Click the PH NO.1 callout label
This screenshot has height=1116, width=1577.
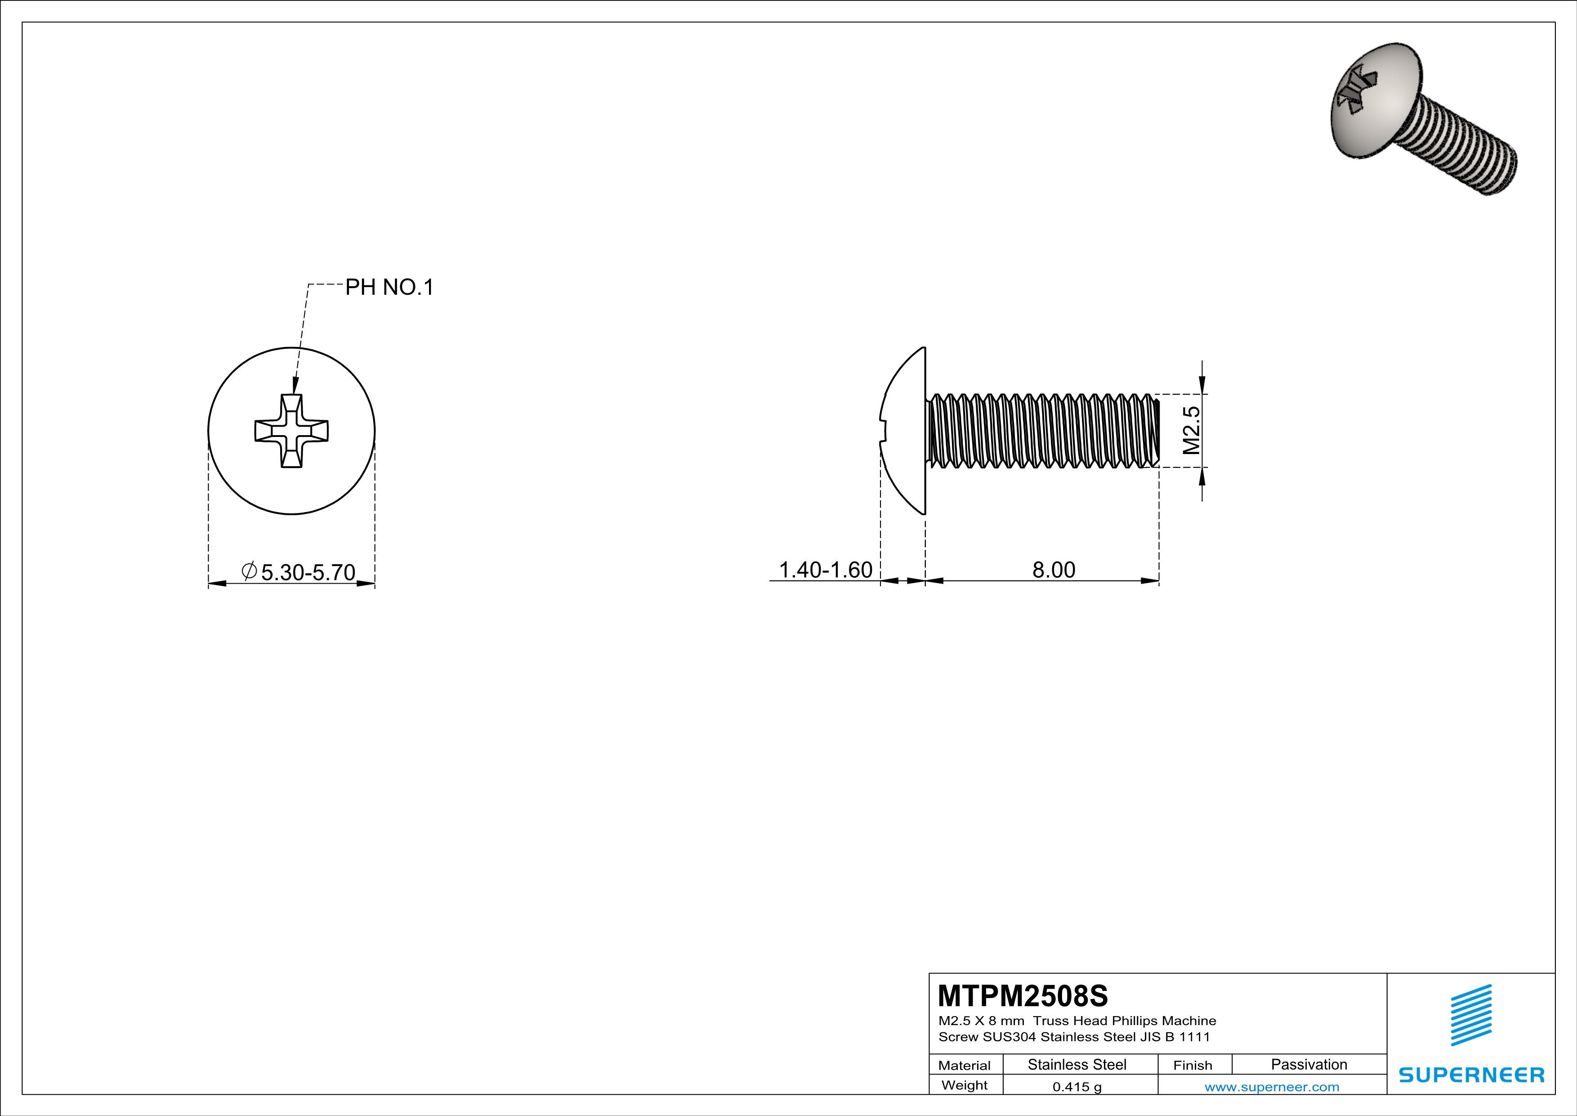pyautogui.click(x=389, y=287)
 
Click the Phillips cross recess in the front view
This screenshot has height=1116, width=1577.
pyautogui.click(x=292, y=431)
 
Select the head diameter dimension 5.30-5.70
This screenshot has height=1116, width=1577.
pyautogui.click(x=308, y=572)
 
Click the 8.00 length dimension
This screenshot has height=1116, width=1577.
pyautogui.click(x=1054, y=570)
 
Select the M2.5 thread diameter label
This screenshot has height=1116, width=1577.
pyautogui.click(x=1192, y=431)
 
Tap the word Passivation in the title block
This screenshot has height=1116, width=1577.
pyautogui.click(x=1309, y=1064)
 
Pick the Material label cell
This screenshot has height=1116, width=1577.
pyautogui.click(x=965, y=1065)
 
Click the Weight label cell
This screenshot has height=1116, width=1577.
pyautogui.click(x=965, y=1085)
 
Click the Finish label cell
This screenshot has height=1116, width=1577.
pyautogui.click(x=1193, y=1065)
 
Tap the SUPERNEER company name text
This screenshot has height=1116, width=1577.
pyautogui.click(x=1471, y=1075)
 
